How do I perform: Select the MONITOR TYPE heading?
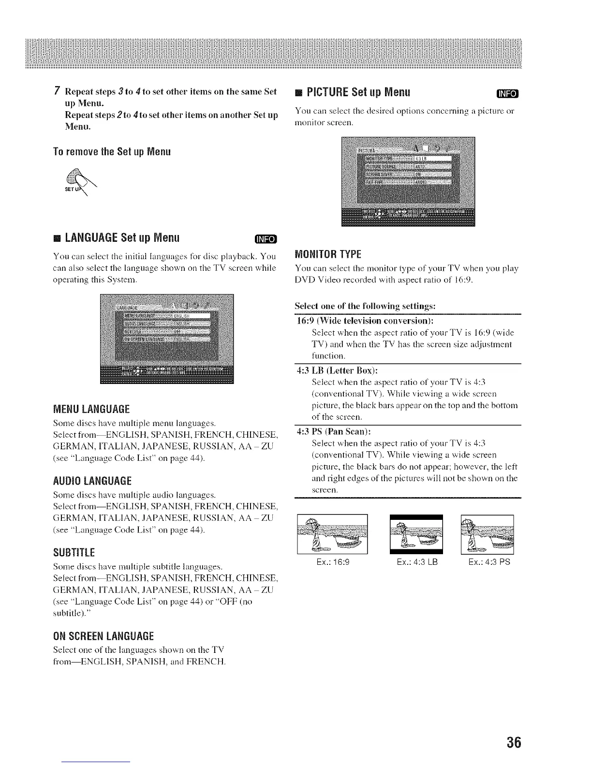[x=328, y=254]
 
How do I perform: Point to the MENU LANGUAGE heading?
[x=91, y=409]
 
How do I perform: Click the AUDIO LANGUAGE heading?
[x=92, y=481]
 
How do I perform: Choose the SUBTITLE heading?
[x=74, y=552]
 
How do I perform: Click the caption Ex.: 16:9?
[x=332, y=562]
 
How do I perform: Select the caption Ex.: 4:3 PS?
[x=489, y=562]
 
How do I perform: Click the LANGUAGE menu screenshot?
[x=166, y=339]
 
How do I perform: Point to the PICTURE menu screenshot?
[x=408, y=181]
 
